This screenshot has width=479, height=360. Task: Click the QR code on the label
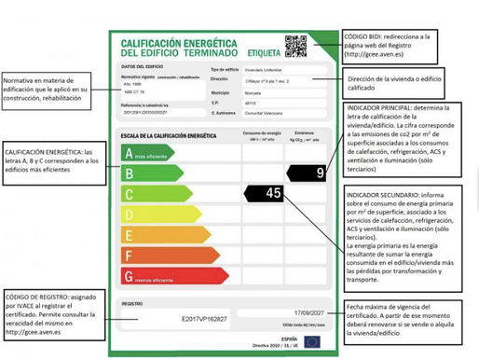click(296, 45)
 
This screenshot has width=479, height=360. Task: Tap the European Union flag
click(311, 341)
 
